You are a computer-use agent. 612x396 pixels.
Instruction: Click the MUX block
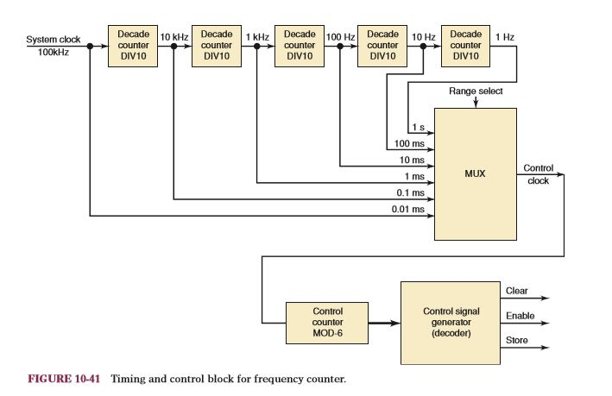tap(474, 173)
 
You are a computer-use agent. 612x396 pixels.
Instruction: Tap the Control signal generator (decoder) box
tap(450, 322)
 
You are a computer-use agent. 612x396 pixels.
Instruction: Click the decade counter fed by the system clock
tap(133, 45)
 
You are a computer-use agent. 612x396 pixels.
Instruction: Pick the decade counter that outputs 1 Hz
tap(467, 45)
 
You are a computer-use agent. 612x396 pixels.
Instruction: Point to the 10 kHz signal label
tap(174, 35)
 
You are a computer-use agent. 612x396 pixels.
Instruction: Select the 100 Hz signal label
tap(340, 35)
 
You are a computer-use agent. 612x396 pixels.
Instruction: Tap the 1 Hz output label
tap(506, 35)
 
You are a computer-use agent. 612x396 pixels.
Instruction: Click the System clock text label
tap(54, 40)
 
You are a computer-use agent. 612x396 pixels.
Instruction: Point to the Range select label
tap(475, 91)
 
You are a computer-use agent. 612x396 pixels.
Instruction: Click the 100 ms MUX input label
tap(411, 144)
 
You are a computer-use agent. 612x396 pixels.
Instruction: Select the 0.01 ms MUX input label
tap(409, 208)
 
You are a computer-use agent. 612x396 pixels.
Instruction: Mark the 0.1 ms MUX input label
tap(411, 192)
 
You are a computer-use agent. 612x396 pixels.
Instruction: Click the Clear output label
tap(516, 292)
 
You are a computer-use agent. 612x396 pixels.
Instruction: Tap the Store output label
tap(516, 341)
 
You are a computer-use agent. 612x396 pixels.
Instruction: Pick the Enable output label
tap(520, 317)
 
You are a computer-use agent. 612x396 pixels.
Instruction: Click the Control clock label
tap(538, 174)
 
